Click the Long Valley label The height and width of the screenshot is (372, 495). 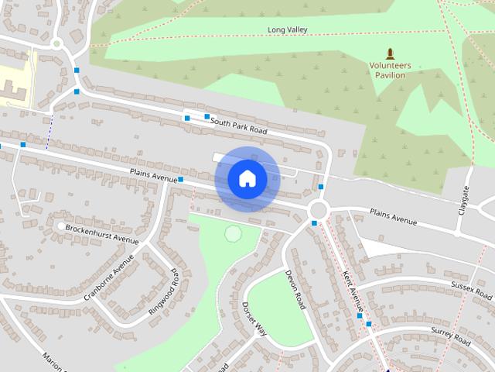pyautogui.click(x=288, y=30)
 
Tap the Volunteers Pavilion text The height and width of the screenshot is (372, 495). pyautogui.click(x=390, y=71)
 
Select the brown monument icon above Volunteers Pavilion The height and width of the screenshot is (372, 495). pyautogui.click(x=390, y=53)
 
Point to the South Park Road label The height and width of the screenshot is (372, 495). pyautogui.click(x=238, y=126)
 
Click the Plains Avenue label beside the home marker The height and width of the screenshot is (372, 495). pyautogui.click(x=153, y=175)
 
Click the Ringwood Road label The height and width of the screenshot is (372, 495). pyautogui.click(x=164, y=291)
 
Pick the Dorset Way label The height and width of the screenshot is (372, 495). pyautogui.click(x=254, y=319)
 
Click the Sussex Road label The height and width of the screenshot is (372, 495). pyautogui.click(x=472, y=291)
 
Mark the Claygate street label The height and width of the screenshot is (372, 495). pyautogui.click(x=465, y=200)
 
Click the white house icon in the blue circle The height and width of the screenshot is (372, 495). pyautogui.click(x=247, y=179)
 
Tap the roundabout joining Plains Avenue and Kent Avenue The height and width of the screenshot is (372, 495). pyautogui.click(x=318, y=210)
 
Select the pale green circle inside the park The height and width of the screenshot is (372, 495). pyautogui.click(x=232, y=232)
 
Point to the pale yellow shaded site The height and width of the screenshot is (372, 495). pyautogui.click(x=15, y=81)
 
